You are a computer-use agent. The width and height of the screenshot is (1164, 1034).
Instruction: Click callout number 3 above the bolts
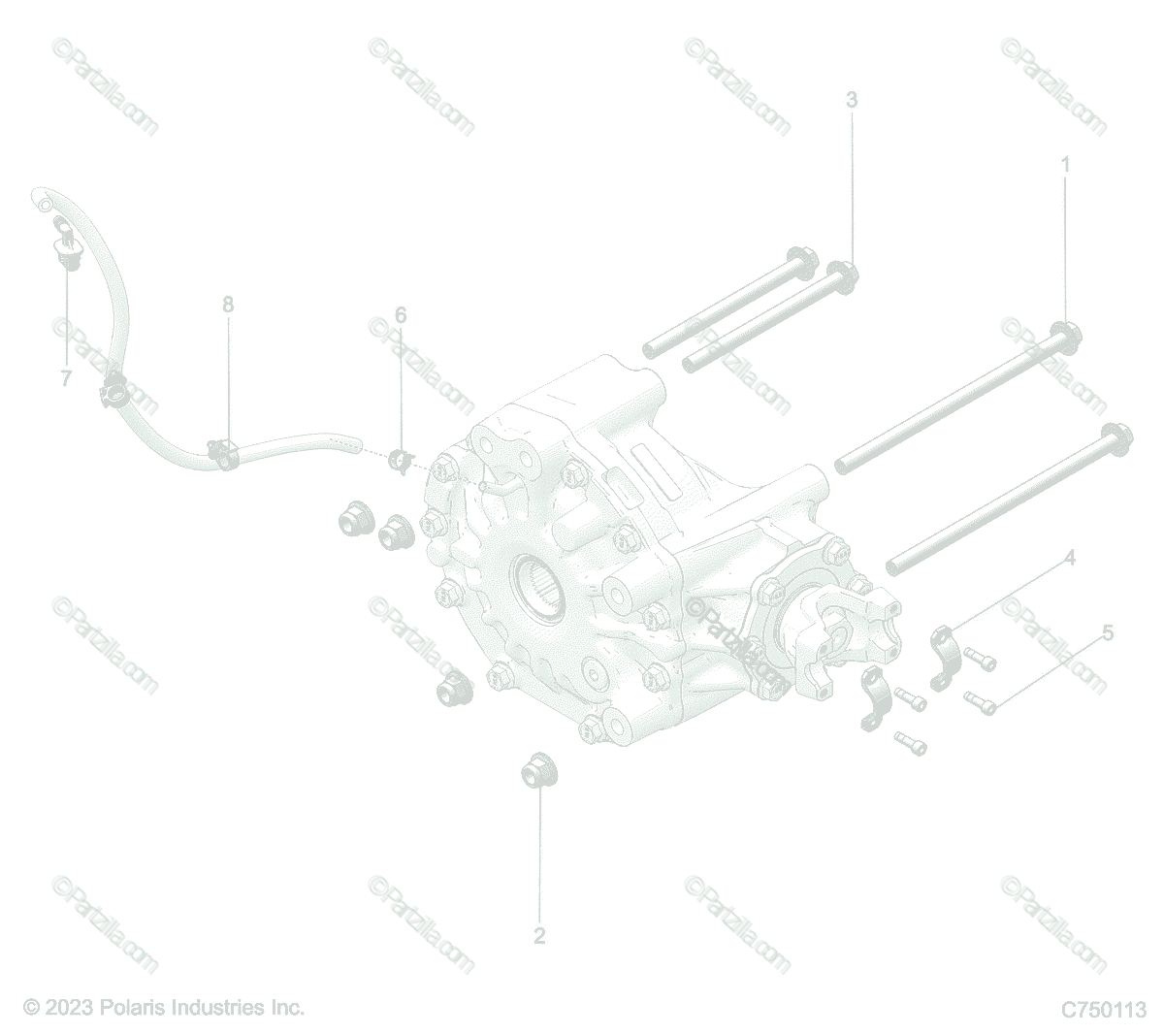point(852,100)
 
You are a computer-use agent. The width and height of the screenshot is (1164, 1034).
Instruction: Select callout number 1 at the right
point(1065,165)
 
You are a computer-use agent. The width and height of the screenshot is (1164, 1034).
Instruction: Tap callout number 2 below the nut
point(539,936)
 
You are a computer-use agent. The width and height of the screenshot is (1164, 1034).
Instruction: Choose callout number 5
point(1108,633)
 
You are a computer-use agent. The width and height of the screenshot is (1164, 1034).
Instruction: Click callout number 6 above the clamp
point(401,315)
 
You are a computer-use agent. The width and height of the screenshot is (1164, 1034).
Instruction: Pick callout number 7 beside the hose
point(66,378)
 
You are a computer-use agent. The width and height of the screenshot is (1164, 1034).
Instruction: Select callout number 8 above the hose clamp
point(228,305)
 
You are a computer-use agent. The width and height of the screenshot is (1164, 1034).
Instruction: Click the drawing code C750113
point(1104,1009)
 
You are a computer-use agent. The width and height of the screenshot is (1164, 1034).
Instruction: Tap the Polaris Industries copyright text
point(164,1007)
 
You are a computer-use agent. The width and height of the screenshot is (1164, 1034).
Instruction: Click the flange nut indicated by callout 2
point(539,771)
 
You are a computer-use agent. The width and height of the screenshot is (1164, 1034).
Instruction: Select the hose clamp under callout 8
point(223,453)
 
